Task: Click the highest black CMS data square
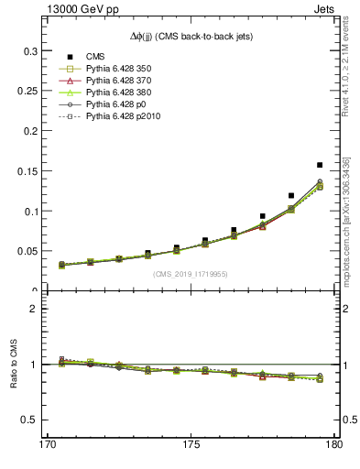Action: point(320,165)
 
